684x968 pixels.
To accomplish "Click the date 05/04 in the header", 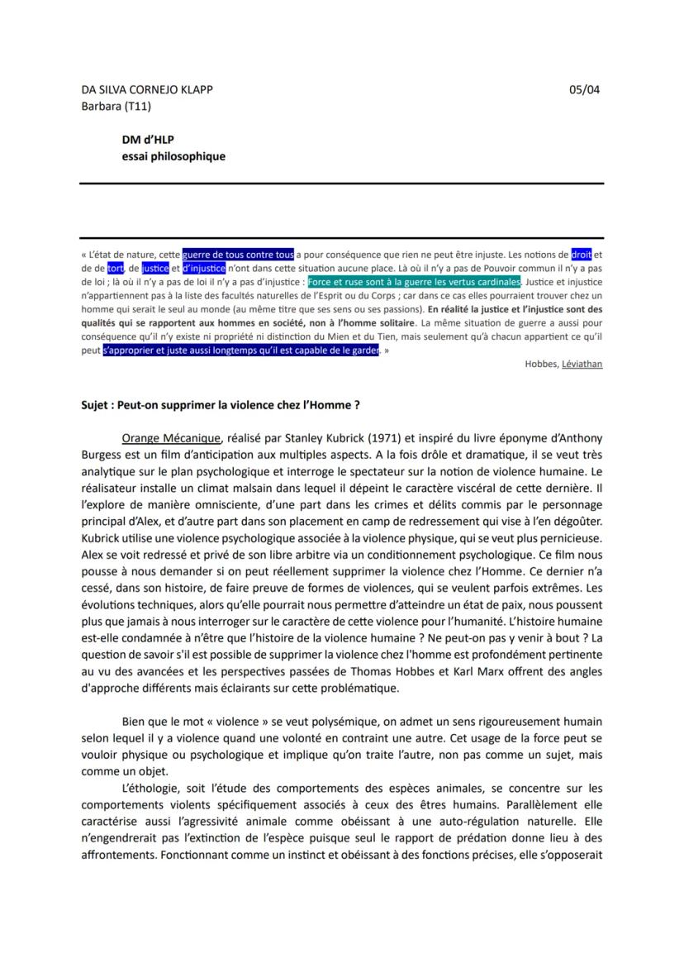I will (x=585, y=89).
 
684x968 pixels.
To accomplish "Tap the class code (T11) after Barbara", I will (x=138, y=106).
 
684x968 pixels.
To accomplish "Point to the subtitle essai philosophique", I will (x=173, y=156).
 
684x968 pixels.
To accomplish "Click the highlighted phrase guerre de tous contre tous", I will (x=238, y=255).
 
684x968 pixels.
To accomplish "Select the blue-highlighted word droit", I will (x=582, y=255).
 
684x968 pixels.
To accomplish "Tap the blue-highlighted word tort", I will (x=115, y=268).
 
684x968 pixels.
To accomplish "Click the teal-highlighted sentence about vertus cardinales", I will (x=414, y=282).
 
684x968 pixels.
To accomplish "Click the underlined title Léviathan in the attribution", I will (x=582, y=364).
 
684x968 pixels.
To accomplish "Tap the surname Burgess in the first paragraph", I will (x=102, y=454).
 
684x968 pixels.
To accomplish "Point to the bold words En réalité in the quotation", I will (x=450, y=308).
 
